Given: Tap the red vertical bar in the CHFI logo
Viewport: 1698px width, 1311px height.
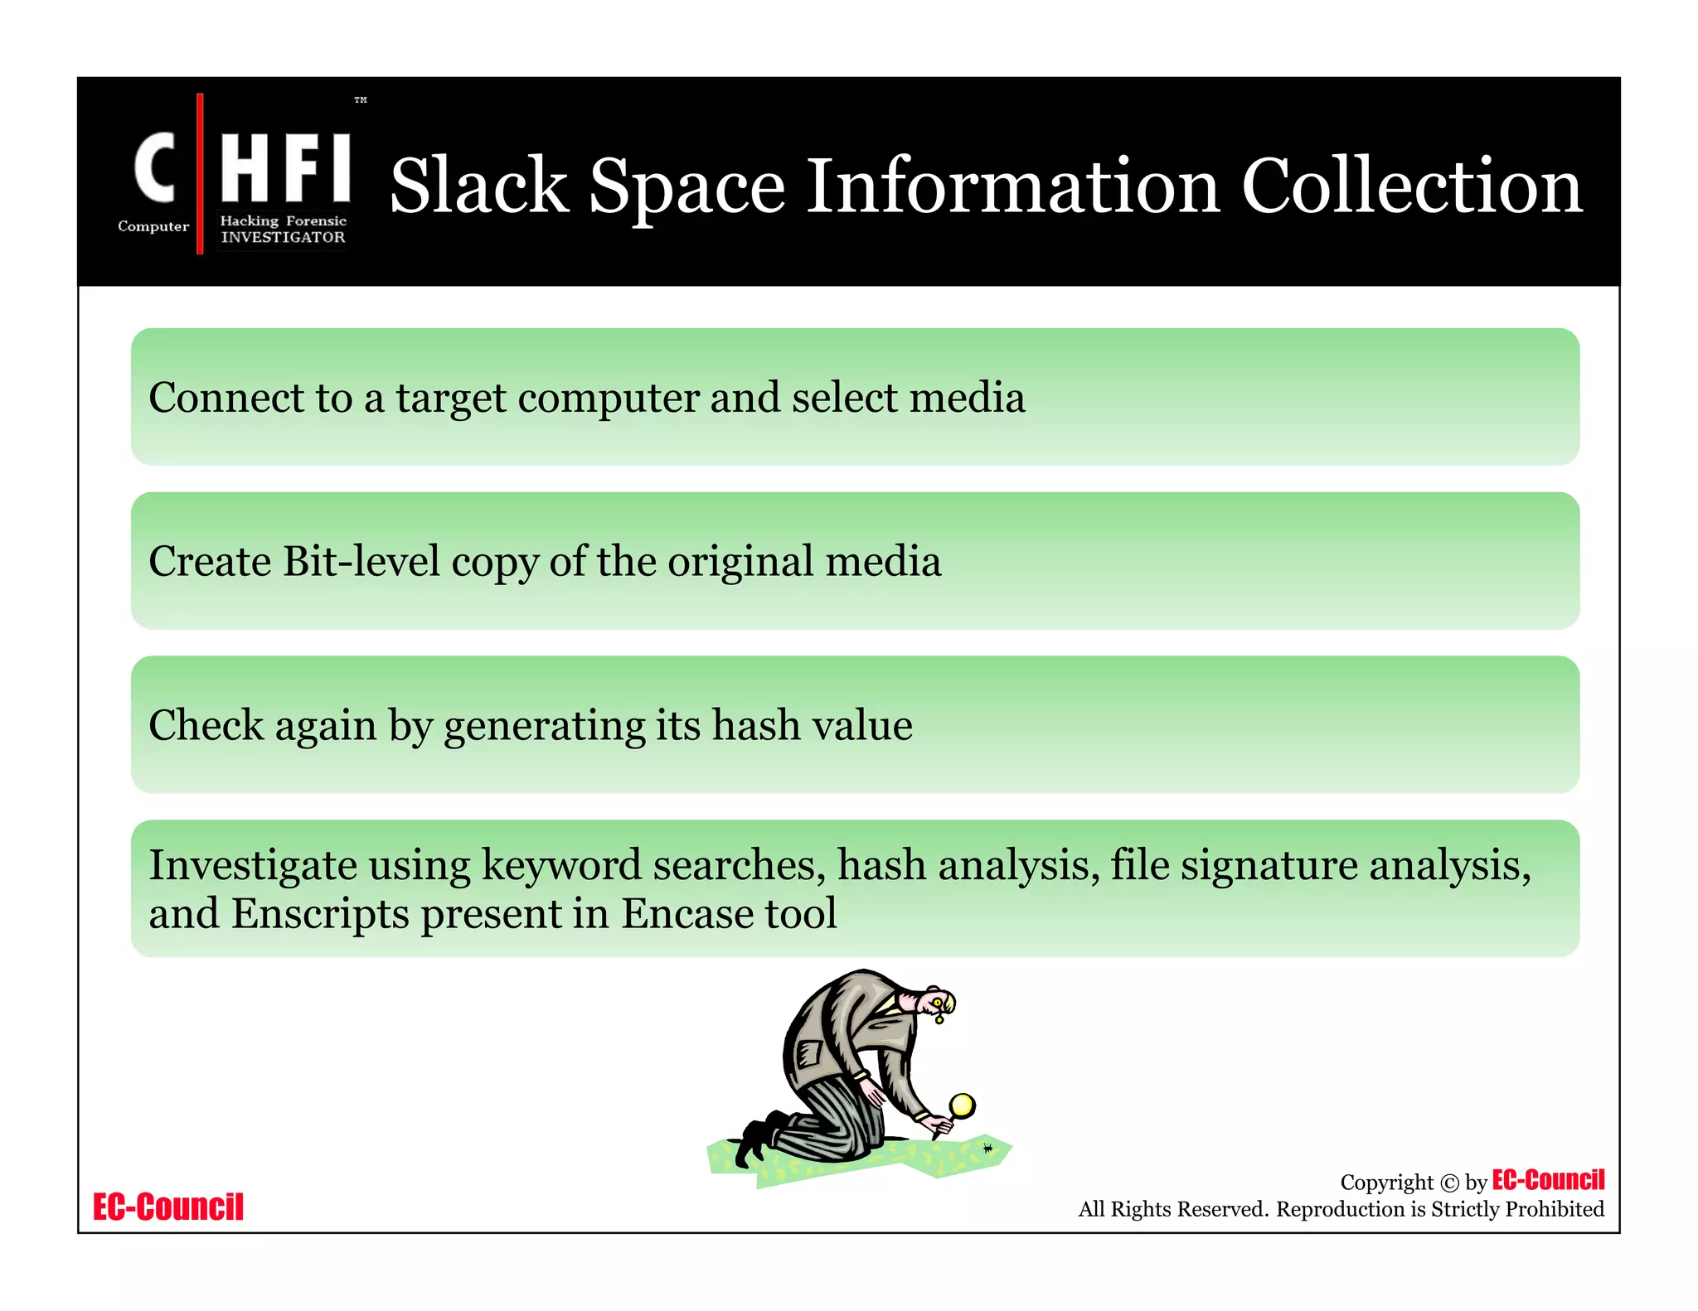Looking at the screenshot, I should (200, 173).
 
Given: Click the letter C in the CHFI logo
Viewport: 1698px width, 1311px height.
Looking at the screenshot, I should (155, 167).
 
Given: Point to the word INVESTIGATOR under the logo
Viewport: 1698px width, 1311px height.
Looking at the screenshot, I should (283, 237).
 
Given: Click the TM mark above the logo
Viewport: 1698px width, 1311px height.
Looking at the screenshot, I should (361, 100).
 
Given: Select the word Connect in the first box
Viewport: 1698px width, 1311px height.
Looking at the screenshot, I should (226, 398).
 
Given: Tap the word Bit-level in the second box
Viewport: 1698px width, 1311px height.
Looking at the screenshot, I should (361, 561).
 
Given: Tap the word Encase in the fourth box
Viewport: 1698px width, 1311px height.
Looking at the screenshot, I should (686, 914).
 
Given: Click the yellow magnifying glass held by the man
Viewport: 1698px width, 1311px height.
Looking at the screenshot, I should (962, 1105).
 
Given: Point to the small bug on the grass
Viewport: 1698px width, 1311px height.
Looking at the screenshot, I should (987, 1149).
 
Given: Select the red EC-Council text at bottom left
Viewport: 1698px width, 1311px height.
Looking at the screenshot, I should (168, 1207).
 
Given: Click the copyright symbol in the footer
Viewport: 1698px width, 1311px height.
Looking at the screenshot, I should (1449, 1183).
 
